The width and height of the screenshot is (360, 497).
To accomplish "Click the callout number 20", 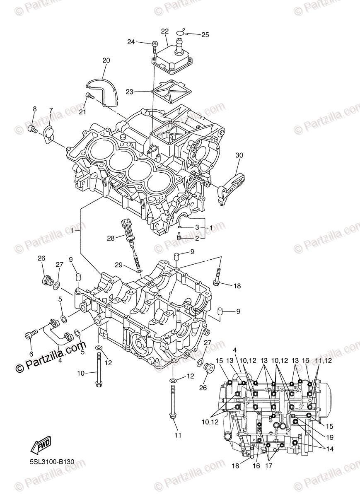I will click(106, 60).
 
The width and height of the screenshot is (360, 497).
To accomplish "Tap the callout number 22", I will click(165, 31).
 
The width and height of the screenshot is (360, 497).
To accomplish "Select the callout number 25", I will click(205, 35).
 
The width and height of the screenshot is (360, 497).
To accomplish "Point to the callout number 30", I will click(239, 155).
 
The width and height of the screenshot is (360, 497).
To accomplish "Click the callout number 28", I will click(111, 238).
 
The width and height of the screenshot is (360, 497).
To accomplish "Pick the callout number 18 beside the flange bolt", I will click(237, 286).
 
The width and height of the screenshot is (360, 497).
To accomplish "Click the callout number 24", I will click(131, 42).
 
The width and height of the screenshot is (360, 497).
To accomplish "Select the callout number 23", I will click(130, 92).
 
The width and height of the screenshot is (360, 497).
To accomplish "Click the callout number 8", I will click(35, 109).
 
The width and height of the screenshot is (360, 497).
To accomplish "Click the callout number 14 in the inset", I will click(329, 449).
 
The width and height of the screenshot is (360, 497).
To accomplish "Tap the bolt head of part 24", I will click(154, 43).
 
